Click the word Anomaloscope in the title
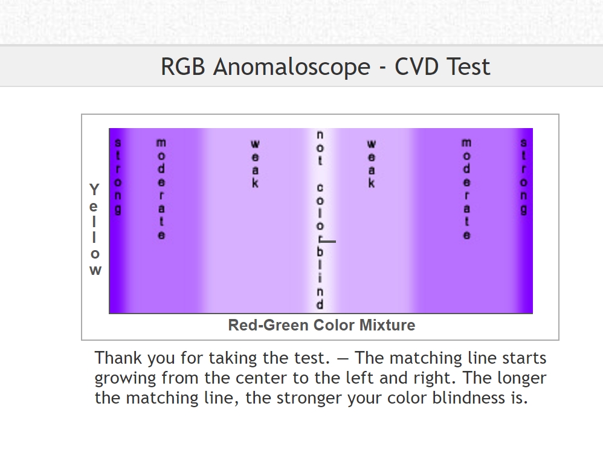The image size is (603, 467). [292, 67]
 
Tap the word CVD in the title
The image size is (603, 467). [418, 66]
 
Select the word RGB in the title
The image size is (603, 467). [183, 66]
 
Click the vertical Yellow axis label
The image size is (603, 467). [95, 229]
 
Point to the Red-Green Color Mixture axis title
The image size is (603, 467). [321, 325]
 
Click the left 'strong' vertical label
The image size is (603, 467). [118, 176]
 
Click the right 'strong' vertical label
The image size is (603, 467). [523, 176]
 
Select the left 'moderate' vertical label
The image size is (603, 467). [161, 189]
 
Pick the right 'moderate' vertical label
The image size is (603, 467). [466, 189]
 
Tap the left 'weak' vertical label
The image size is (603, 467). [255, 164]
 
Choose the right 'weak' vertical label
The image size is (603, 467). [371, 164]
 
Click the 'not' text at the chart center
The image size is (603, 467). [320, 148]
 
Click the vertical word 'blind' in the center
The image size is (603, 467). [320, 277]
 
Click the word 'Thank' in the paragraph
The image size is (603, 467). [118, 358]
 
